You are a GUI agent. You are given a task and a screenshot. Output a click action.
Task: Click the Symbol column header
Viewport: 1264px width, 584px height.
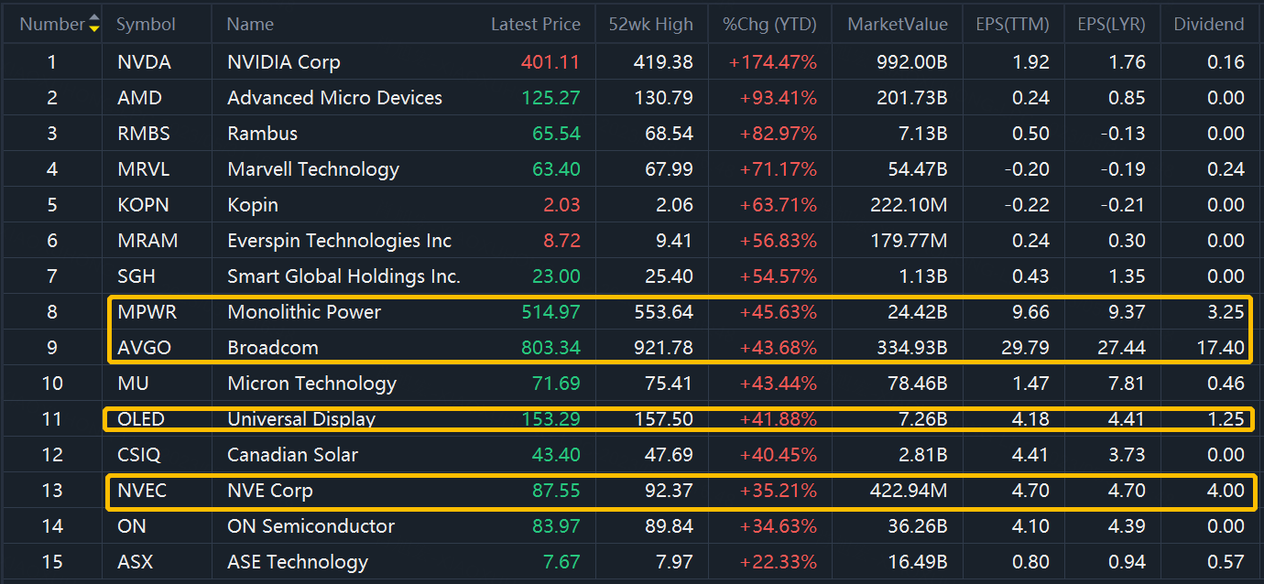(146, 25)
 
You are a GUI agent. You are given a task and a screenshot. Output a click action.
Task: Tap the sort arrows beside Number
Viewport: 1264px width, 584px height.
(94, 25)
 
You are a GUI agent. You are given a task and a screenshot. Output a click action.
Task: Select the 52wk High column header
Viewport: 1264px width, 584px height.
(650, 25)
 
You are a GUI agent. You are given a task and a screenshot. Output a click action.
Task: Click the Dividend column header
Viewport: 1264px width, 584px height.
(1209, 25)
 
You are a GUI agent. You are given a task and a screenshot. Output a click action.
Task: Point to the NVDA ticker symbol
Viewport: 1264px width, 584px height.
(145, 62)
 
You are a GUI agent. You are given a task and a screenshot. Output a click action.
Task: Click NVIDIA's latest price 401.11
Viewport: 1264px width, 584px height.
(550, 62)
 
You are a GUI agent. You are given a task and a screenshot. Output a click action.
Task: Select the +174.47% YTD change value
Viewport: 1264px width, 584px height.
(772, 62)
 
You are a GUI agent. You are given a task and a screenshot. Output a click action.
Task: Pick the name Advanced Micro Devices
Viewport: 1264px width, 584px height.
(334, 98)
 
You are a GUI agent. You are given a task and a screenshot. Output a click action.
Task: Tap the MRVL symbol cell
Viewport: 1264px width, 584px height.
(144, 169)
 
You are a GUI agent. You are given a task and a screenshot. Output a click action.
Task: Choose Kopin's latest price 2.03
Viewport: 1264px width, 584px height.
(561, 205)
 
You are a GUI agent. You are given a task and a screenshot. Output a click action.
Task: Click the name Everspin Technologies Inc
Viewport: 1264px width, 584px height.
(339, 241)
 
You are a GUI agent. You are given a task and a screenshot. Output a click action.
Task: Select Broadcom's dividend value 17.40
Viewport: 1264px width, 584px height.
(1220, 348)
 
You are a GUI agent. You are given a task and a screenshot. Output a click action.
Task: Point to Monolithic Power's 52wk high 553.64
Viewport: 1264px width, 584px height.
(663, 312)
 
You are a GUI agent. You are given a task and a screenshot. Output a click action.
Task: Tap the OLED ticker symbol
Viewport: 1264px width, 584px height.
(142, 419)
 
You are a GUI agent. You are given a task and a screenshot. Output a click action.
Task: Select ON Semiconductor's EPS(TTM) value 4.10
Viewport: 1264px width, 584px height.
(1030, 526)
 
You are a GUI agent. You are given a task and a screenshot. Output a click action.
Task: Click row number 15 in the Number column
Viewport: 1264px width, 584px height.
(52, 562)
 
